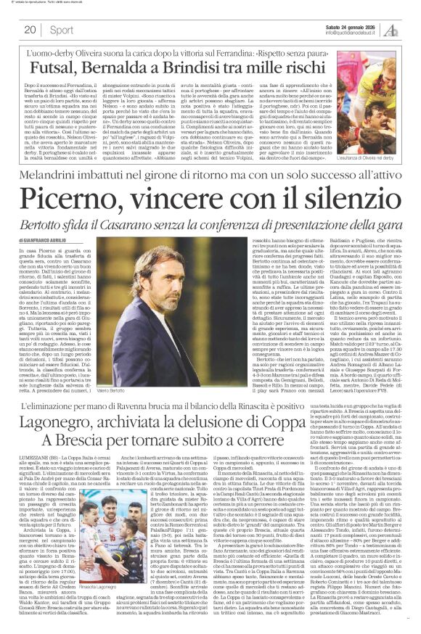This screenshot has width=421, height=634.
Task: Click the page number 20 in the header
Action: tap(30, 30)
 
